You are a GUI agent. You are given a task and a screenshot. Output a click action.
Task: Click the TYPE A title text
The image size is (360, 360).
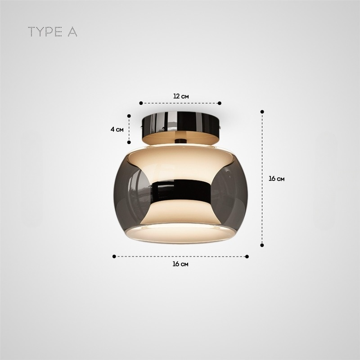pyautogui.click(x=53, y=32)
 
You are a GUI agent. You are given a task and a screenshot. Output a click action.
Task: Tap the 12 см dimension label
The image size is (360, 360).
pyautogui.click(x=181, y=96)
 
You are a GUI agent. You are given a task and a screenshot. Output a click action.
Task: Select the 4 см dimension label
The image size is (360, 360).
pyautogui.click(x=117, y=129)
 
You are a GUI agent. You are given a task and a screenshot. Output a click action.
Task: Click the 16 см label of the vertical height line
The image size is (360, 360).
pyautogui.click(x=276, y=179)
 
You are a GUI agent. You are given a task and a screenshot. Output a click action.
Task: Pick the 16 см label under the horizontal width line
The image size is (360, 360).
pyautogui.click(x=180, y=264)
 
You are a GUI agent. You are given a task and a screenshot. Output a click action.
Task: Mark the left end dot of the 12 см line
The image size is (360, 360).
pyautogui.click(x=141, y=103)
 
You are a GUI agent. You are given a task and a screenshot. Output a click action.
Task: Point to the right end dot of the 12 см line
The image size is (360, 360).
pyautogui.click(x=220, y=103)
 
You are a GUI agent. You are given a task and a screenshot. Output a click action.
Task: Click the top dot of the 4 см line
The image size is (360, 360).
pyautogui.click(x=129, y=115)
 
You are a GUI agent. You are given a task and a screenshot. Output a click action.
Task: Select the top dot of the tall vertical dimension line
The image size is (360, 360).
pyautogui.click(x=262, y=111)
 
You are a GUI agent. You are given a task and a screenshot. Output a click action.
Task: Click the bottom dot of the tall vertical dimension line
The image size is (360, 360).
pyautogui.click(x=262, y=245)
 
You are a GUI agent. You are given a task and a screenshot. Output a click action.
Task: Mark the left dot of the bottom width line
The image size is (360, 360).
pyautogui.click(x=114, y=256)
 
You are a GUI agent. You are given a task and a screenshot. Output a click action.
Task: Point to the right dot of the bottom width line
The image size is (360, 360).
pyautogui.click(x=247, y=256)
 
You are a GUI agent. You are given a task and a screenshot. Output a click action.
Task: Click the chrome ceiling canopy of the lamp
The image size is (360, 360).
pyautogui.click(x=180, y=122)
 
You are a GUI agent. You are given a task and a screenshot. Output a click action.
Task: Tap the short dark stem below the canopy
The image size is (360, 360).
pyautogui.click(x=180, y=141)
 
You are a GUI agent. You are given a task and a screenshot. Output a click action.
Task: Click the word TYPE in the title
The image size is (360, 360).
pyautogui.click(x=45, y=32)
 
